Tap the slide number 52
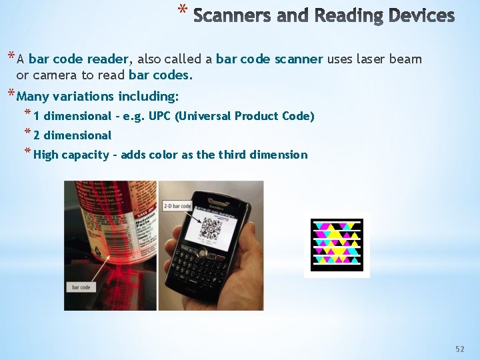click(x=459, y=349)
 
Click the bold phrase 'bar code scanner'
click(x=270, y=59)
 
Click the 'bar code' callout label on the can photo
click(x=81, y=287)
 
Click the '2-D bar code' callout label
click(x=177, y=207)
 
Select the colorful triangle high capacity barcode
click(x=337, y=244)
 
